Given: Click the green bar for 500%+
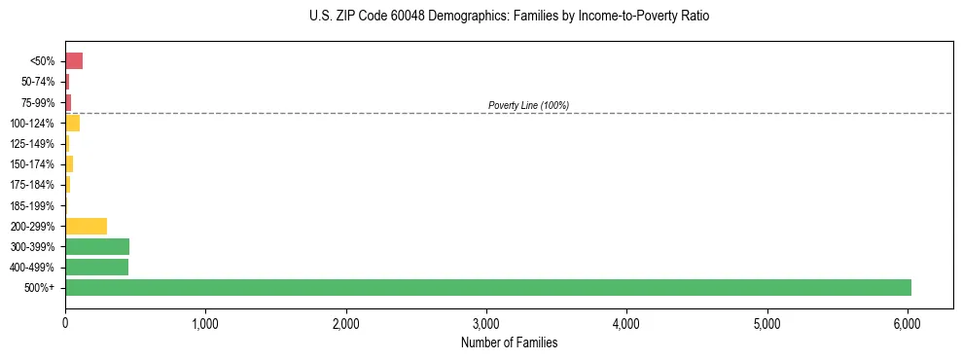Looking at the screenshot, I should [487, 287].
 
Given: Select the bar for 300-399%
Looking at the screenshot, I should [97, 246].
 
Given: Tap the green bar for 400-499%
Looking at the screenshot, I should [96, 267].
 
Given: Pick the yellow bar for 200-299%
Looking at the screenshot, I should [86, 226].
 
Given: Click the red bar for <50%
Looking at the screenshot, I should [74, 61].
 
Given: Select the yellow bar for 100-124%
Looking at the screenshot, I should [72, 123].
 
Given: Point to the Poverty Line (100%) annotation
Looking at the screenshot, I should [528, 105].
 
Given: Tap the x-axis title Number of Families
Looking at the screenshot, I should [509, 342].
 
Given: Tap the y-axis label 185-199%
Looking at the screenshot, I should [33, 205].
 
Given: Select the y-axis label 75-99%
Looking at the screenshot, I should [36, 102].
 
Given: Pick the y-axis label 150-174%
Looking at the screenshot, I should [33, 164].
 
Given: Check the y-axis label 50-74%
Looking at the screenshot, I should [36, 82].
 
